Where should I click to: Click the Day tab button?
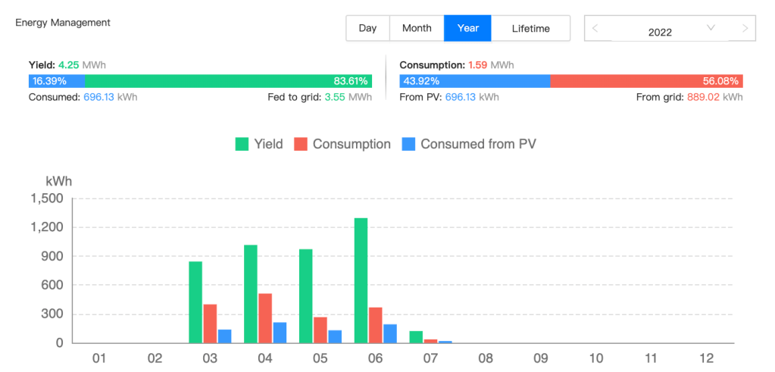(367, 28)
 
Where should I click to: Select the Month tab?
(417, 28)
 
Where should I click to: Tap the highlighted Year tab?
(467, 28)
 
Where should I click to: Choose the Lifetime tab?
(530, 28)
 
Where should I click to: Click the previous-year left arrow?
(595, 28)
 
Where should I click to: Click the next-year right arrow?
(745, 28)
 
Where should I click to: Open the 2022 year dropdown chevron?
(711, 28)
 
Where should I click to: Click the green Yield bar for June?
(361, 280)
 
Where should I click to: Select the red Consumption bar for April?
(265, 318)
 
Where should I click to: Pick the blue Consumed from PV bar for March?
(224, 336)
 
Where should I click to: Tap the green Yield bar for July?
(416, 337)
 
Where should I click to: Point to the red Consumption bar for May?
(320, 330)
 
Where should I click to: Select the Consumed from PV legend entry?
(469, 144)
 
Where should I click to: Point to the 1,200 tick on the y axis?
(46, 227)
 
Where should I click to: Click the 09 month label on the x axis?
(540, 357)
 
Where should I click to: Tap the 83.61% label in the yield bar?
(351, 81)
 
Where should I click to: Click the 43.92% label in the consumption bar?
(421, 81)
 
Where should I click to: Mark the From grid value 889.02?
(705, 97)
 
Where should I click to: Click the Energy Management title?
(63, 23)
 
